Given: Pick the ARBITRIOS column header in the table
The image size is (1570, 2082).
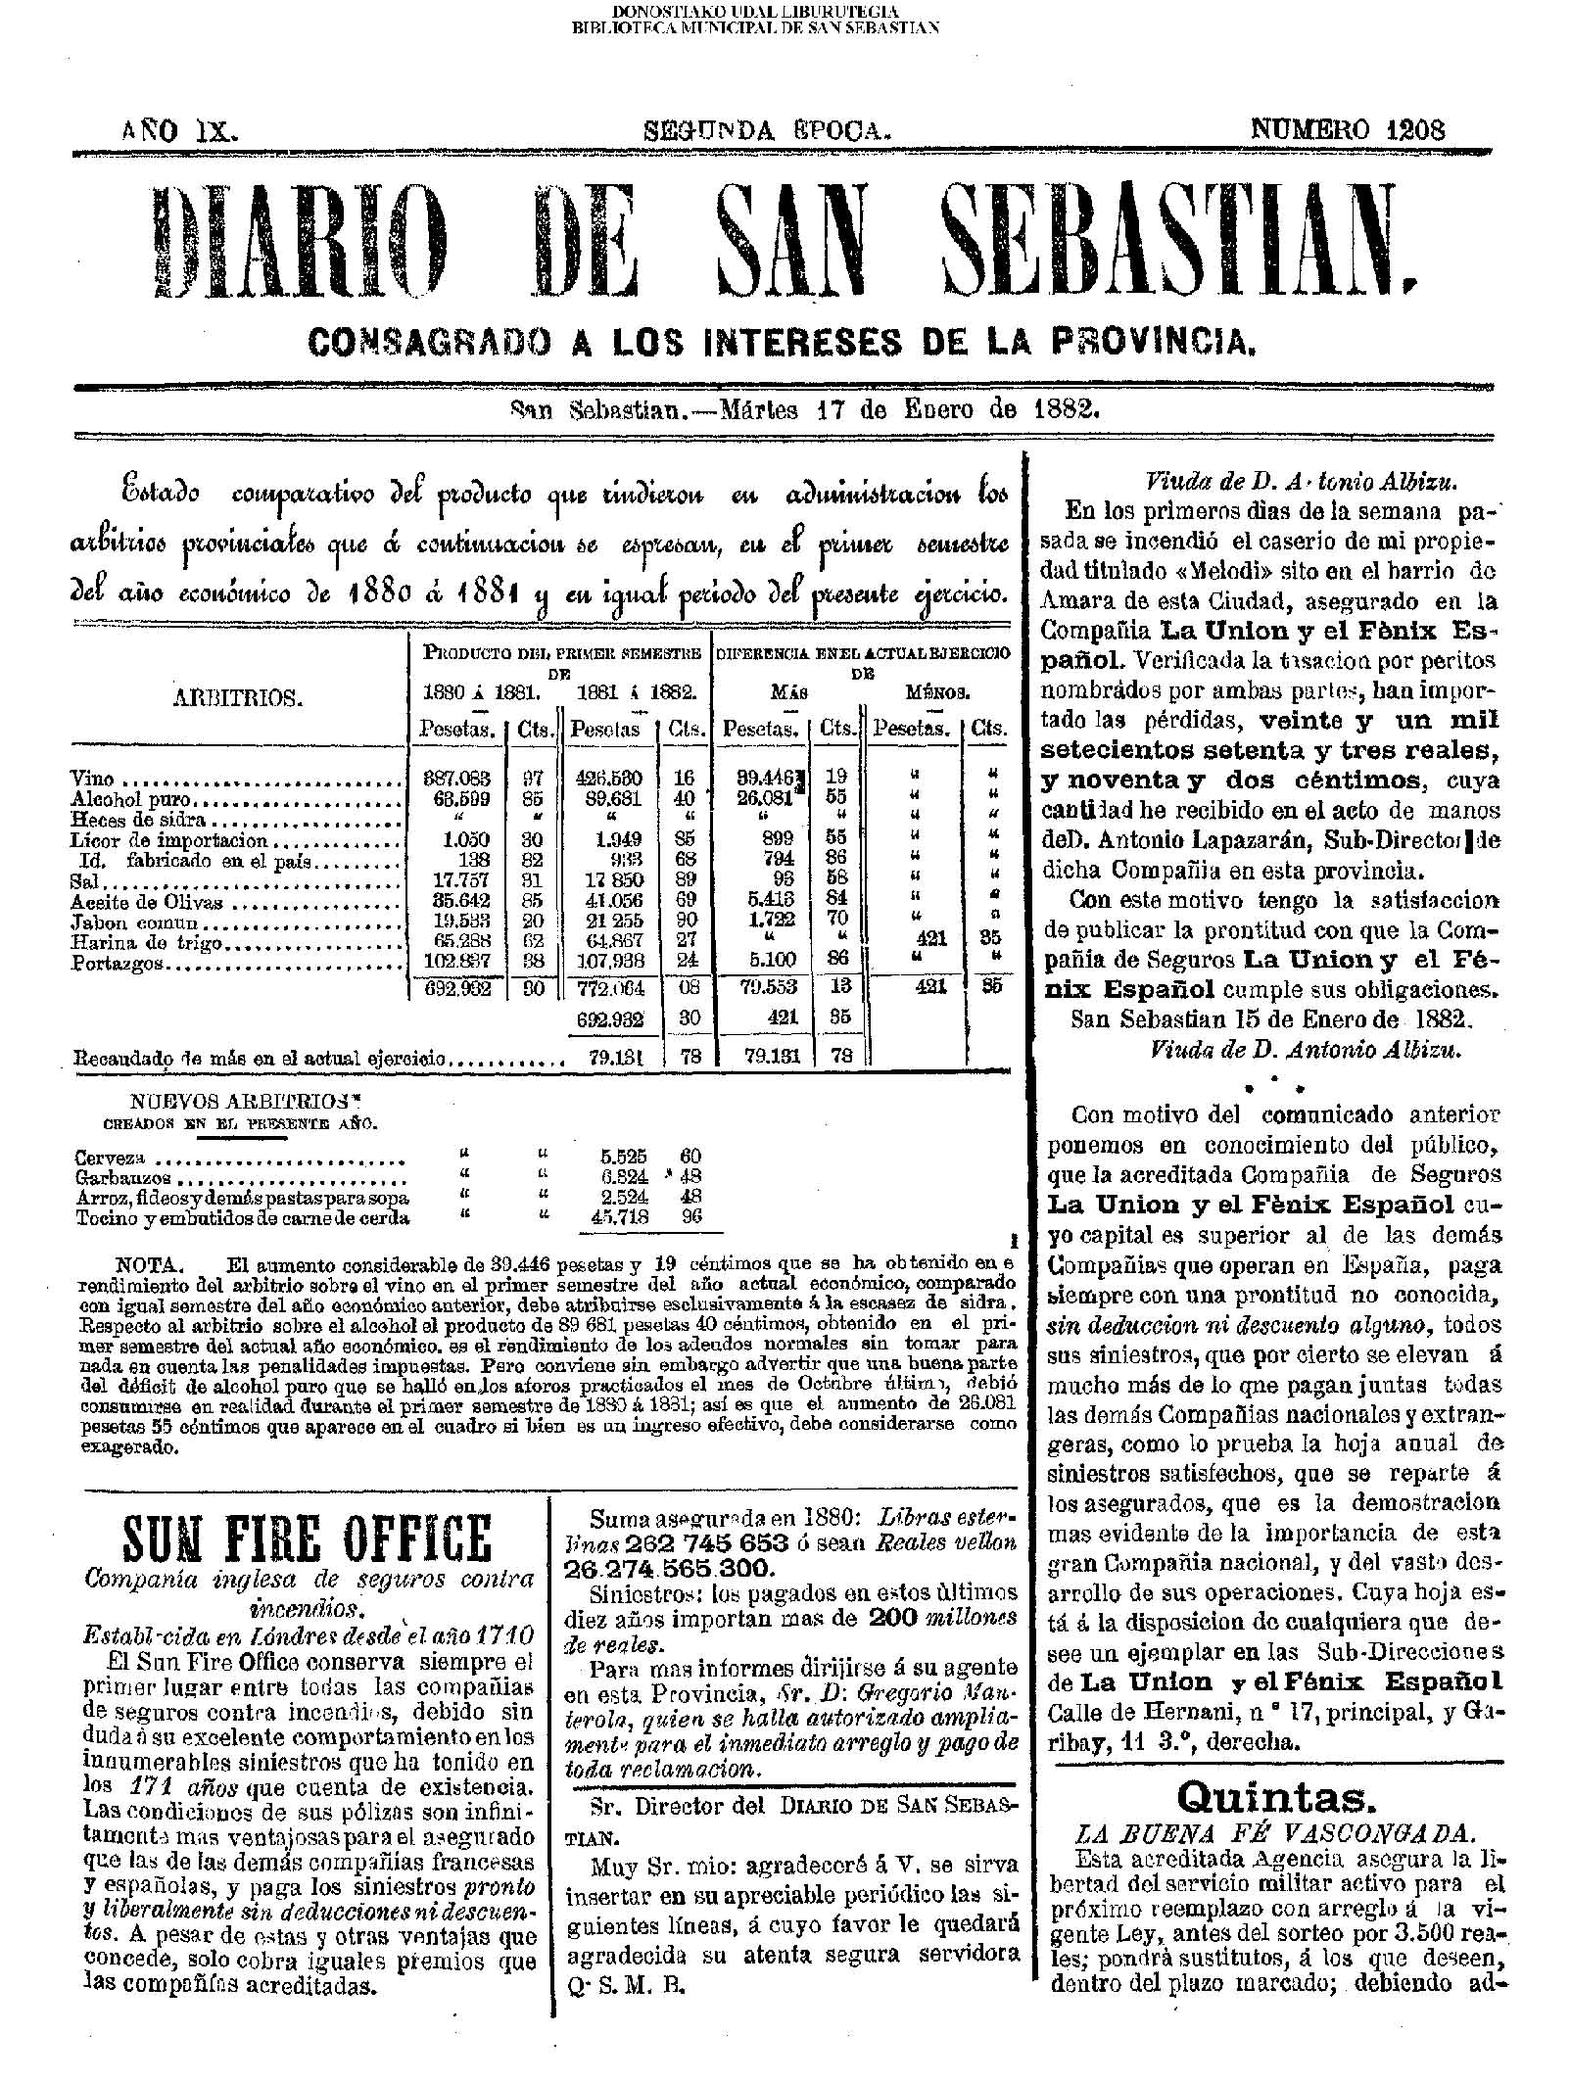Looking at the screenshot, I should (x=238, y=697).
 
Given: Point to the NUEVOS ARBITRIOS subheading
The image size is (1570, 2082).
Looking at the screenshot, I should (x=239, y=1101).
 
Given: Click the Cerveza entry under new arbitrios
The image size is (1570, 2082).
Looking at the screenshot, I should (x=111, y=1158).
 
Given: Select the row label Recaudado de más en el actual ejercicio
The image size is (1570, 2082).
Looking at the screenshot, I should (x=261, y=1059).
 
